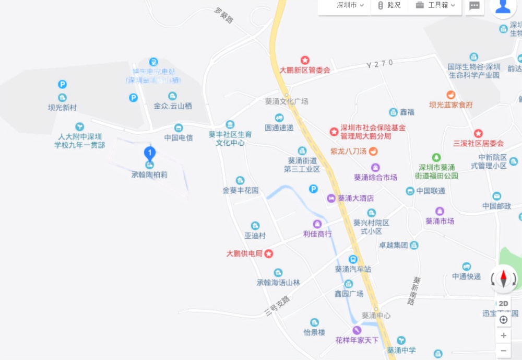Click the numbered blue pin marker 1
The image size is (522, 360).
click(x=150, y=154)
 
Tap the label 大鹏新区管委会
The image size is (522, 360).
click(x=305, y=69)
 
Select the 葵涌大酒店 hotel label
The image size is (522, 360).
click(x=355, y=199)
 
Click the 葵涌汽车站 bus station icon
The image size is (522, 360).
click(x=353, y=259)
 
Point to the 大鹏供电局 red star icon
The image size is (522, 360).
click(x=269, y=254)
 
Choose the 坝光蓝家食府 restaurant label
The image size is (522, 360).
click(x=451, y=104)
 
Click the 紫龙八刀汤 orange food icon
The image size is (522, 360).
click(x=374, y=152)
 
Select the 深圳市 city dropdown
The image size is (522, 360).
click(x=350, y=5)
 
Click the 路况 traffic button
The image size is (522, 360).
click(x=389, y=5)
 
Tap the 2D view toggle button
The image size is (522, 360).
click(x=503, y=304)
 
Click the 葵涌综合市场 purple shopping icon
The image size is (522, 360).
click(x=375, y=168)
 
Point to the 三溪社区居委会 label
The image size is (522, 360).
click(x=478, y=143)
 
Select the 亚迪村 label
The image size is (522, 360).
click(x=255, y=235)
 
